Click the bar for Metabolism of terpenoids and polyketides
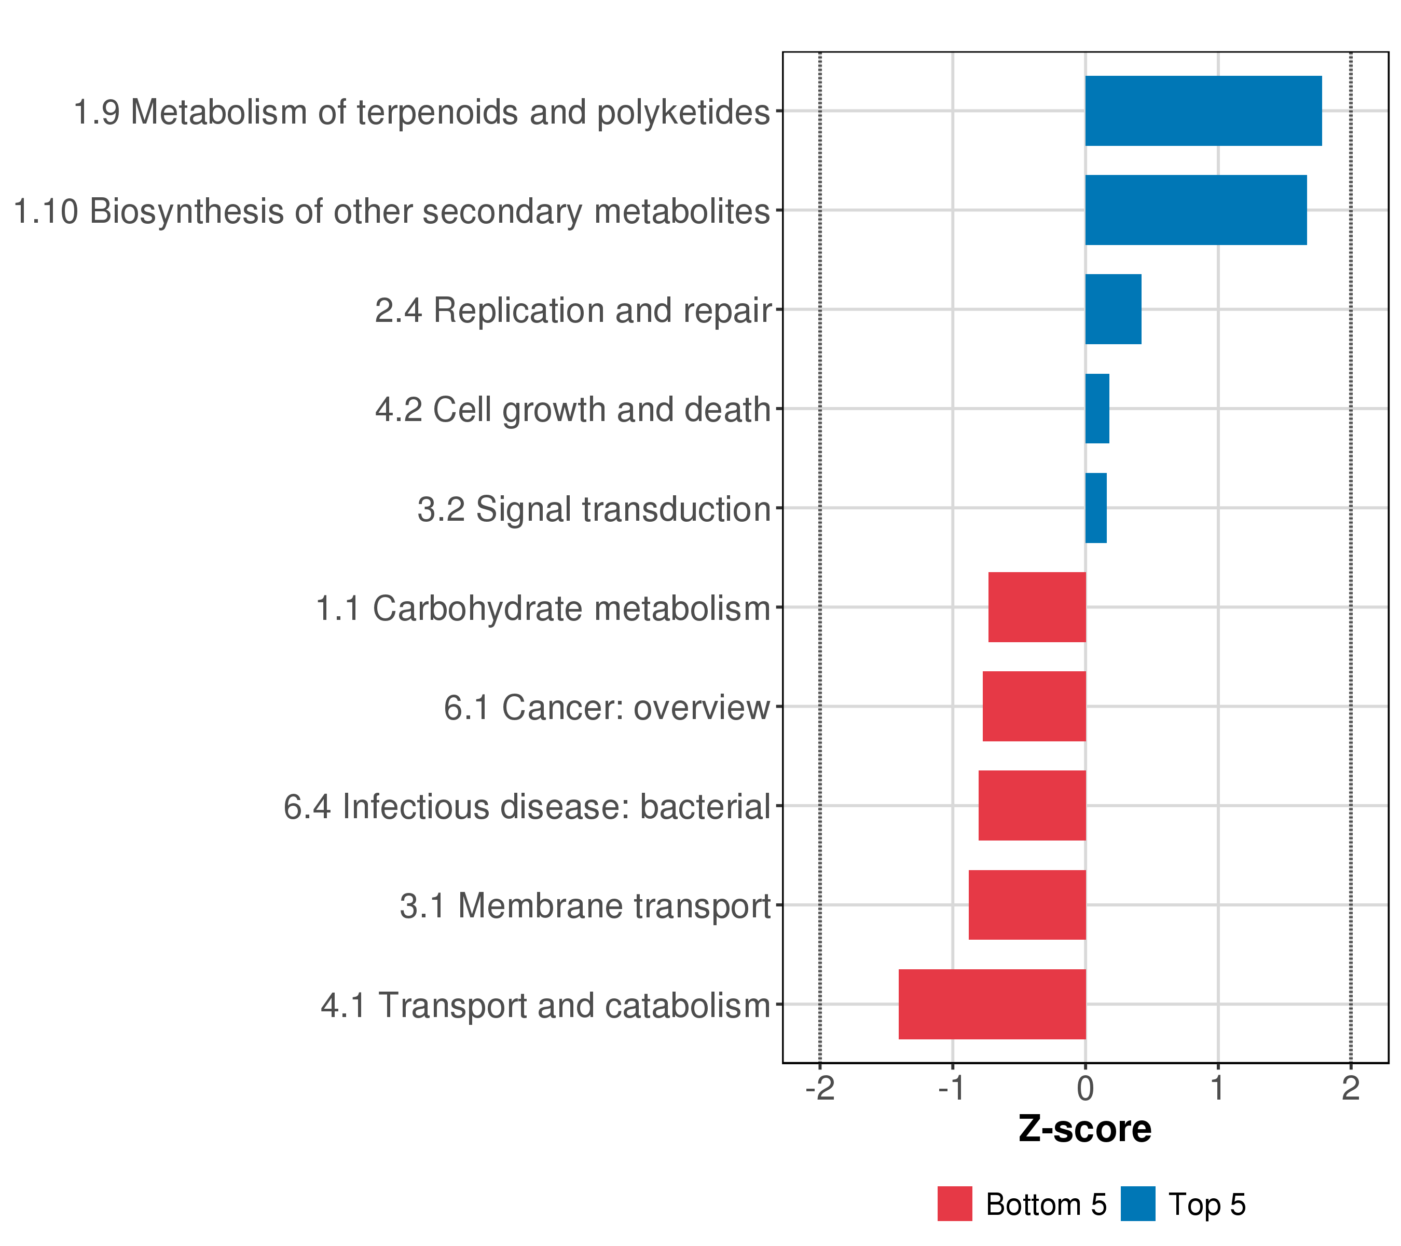(x=1203, y=111)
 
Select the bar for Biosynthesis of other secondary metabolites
(x=1196, y=210)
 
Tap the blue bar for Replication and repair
(x=1113, y=309)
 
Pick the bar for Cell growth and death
(x=1097, y=409)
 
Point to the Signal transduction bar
(x=1095, y=508)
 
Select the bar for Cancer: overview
(x=1034, y=706)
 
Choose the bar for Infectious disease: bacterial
(x=1032, y=806)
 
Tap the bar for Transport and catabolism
(x=992, y=1004)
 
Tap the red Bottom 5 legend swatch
(x=955, y=1204)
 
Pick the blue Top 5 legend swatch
(x=1138, y=1204)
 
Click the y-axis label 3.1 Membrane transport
(x=585, y=906)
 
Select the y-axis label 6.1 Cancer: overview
(x=607, y=708)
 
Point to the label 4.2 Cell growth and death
(x=573, y=410)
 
